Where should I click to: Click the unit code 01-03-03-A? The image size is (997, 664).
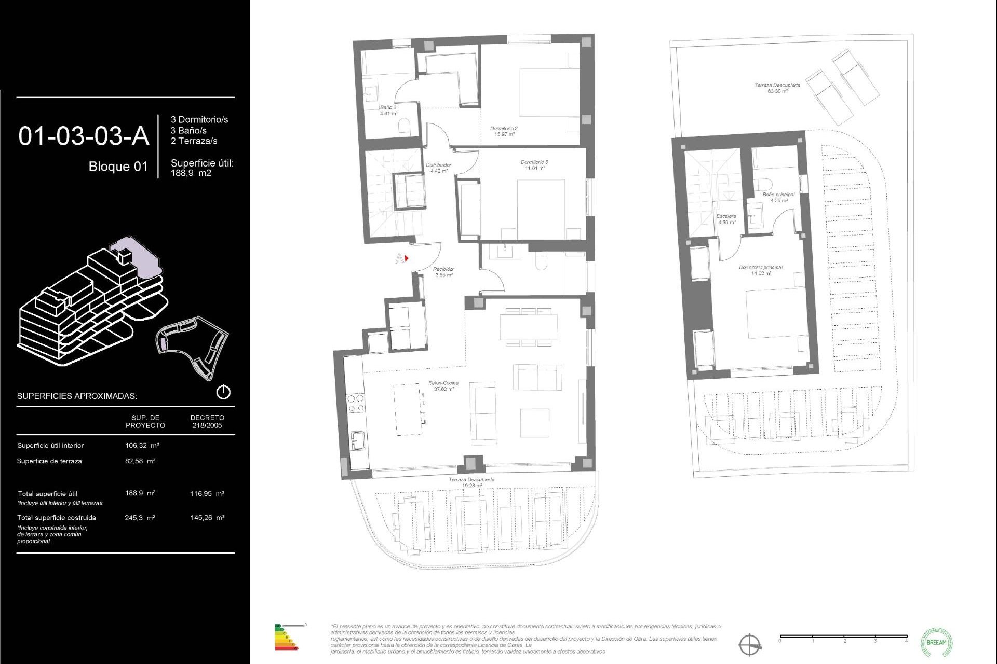tap(84, 136)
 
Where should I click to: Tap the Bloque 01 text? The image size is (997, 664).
tap(118, 167)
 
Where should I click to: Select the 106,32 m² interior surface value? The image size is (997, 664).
tap(142, 445)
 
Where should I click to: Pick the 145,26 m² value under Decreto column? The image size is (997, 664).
tap(207, 518)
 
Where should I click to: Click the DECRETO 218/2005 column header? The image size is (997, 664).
tap(207, 421)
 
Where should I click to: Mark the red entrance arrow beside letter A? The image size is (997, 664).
tap(407, 258)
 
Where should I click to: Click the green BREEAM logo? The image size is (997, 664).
tap(936, 642)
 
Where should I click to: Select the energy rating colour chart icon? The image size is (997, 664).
tap(286, 637)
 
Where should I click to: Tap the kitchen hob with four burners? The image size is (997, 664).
tap(356, 403)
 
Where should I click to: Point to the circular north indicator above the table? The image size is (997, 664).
tap(223, 392)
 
